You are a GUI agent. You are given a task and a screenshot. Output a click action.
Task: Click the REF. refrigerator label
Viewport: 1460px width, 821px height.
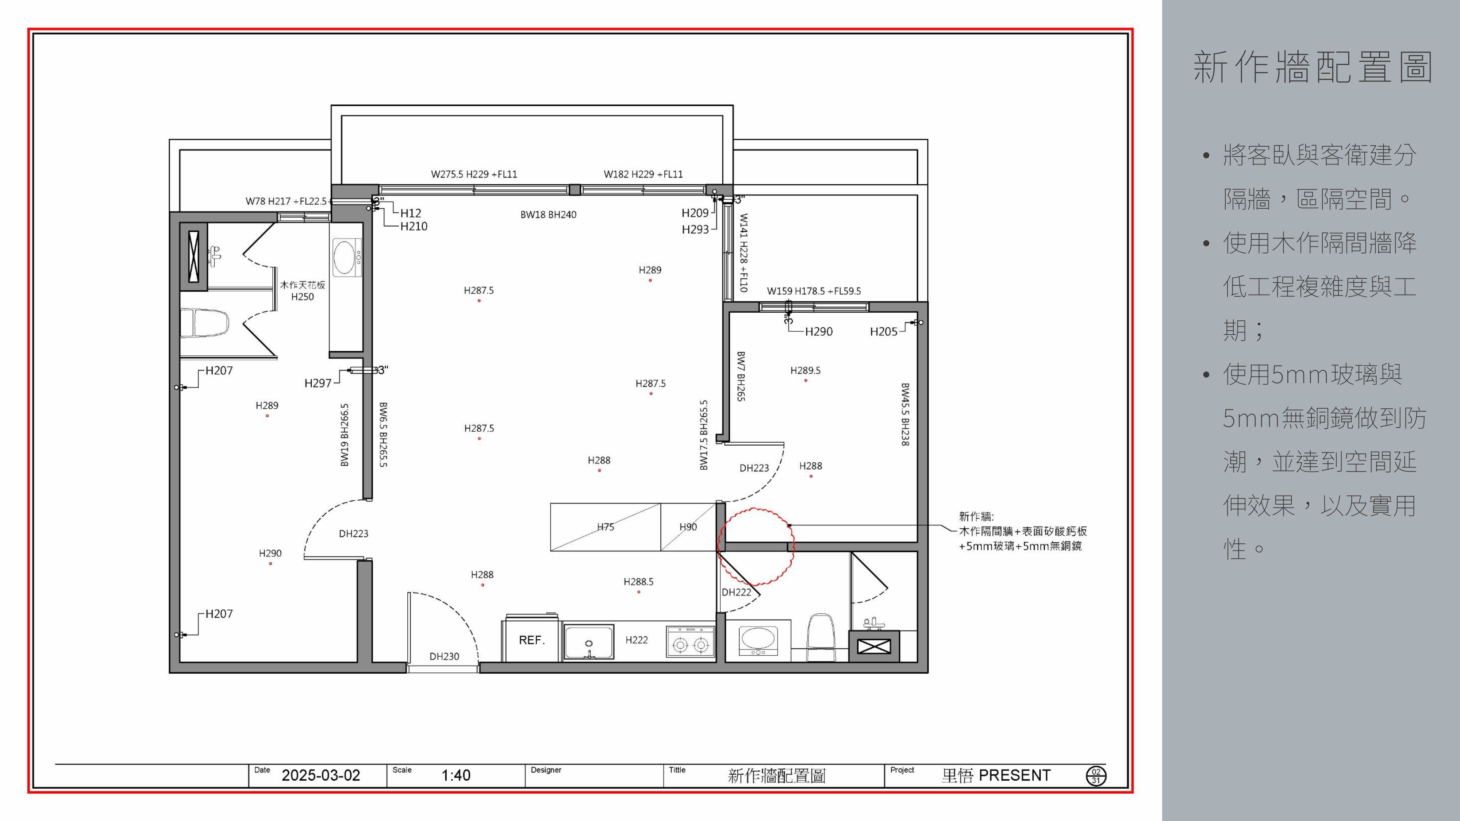(x=532, y=640)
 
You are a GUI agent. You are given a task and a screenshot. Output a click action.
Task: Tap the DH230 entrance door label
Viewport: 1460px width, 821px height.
(x=444, y=656)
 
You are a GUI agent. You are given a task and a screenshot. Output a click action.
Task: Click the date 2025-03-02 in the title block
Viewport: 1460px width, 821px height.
(x=321, y=775)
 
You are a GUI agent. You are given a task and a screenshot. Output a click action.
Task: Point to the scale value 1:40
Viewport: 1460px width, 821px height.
(x=456, y=775)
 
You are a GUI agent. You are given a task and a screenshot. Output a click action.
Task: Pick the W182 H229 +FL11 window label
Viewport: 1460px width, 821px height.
(x=643, y=174)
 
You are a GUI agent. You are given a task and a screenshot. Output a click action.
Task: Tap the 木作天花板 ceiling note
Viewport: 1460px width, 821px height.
(x=303, y=285)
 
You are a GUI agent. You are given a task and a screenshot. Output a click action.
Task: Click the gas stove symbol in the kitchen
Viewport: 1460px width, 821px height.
(x=690, y=641)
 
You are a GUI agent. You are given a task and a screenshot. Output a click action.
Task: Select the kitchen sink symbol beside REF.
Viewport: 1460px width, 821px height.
(x=589, y=642)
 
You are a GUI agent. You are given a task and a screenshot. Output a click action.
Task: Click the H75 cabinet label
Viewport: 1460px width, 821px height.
(x=605, y=527)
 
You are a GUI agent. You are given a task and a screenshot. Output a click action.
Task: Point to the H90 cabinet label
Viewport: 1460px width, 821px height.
(x=688, y=527)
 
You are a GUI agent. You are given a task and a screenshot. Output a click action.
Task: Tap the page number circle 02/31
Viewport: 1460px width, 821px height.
(x=1096, y=776)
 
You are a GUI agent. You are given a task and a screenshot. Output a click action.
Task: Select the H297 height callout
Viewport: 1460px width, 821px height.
(x=318, y=383)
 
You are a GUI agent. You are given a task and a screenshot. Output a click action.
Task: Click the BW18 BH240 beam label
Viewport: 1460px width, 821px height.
(x=548, y=215)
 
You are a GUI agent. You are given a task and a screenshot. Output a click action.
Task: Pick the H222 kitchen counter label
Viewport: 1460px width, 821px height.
(x=637, y=640)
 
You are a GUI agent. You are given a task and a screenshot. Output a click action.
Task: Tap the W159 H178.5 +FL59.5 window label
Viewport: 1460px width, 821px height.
(x=814, y=291)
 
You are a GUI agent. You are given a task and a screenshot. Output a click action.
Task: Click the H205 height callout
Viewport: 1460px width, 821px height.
(x=884, y=331)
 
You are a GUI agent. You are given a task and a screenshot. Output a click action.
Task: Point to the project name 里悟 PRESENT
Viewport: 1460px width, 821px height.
(x=996, y=775)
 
